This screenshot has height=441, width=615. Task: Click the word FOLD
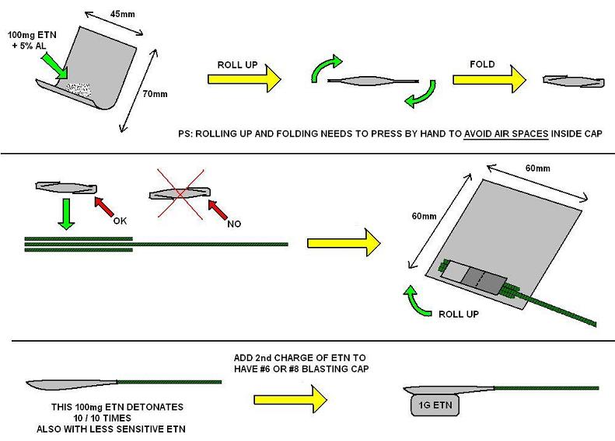click(x=483, y=61)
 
